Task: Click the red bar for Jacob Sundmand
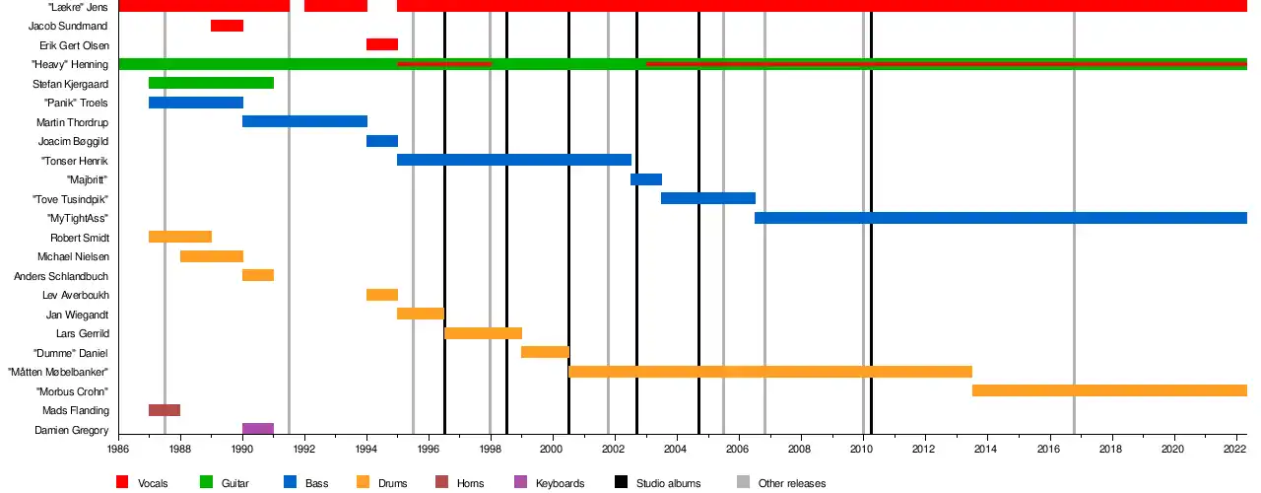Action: [x=227, y=26]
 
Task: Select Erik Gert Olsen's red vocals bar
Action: [x=382, y=44]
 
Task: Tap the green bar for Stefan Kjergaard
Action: [x=211, y=83]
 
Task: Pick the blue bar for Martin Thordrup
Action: [x=304, y=121]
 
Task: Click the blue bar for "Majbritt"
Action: [x=646, y=179]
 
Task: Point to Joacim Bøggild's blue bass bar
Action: [x=382, y=141]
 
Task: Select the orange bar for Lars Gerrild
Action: [x=483, y=333]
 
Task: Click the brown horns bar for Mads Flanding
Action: [x=165, y=410]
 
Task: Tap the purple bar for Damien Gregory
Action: [x=258, y=429]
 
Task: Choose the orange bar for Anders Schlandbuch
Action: [x=258, y=275]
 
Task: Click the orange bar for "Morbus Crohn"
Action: [x=1109, y=390]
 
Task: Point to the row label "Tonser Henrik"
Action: [x=74, y=161]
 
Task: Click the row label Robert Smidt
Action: [x=80, y=238]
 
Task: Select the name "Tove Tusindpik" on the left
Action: [x=70, y=199]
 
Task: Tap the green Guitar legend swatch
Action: [x=207, y=482]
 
